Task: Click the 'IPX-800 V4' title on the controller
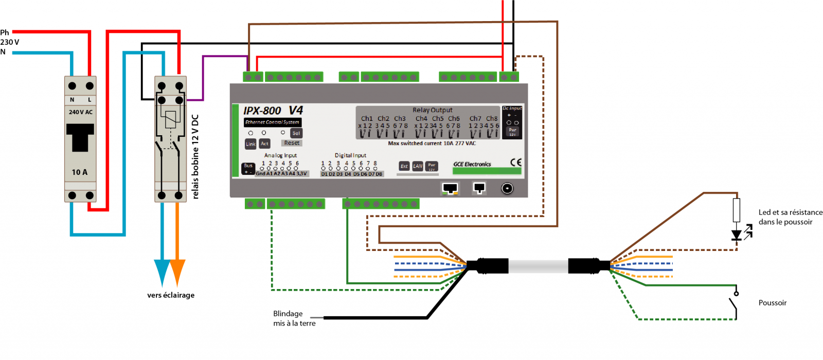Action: coord(273,111)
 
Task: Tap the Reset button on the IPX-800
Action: coord(292,143)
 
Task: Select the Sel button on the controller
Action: coord(296,133)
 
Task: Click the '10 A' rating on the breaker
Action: coord(80,172)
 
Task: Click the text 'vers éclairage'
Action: coord(171,295)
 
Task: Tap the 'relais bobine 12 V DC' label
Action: coord(195,156)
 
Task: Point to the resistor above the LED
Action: coord(737,209)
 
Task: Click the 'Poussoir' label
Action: coord(772,303)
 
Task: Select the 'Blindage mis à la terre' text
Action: coord(294,318)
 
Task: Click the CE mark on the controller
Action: coord(515,162)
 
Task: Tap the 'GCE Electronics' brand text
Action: coord(472,164)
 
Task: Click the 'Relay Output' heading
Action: coord(432,110)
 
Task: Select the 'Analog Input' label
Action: coord(280,155)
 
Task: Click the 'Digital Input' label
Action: coord(350,155)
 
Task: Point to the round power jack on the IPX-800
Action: coord(507,188)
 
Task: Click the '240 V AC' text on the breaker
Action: coord(81,112)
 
